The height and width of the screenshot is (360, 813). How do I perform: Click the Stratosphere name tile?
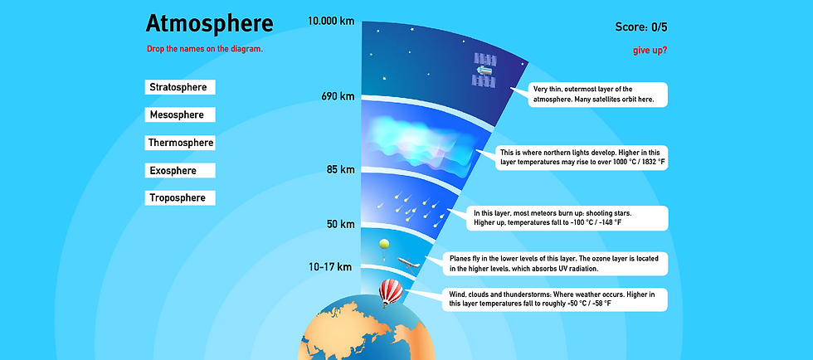[180, 87]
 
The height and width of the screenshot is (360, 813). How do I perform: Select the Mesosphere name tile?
[180, 114]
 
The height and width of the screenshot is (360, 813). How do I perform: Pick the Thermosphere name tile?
[180, 143]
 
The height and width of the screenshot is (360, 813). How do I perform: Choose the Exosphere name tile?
[180, 170]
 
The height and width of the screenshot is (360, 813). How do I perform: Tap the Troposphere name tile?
[180, 197]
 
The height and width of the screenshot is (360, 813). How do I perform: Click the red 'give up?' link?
[650, 51]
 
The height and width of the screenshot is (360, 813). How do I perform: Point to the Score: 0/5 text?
[640, 27]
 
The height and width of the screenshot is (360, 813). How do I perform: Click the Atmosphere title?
[209, 24]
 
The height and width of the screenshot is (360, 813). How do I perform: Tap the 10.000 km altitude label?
[331, 22]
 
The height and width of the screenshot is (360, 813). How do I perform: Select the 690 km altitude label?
[337, 96]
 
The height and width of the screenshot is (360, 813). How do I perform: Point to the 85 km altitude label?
[341, 169]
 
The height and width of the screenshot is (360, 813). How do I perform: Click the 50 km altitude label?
[341, 224]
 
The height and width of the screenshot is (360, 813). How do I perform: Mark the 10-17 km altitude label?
[330, 267]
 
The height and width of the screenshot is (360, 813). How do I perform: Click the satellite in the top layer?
[484, 70]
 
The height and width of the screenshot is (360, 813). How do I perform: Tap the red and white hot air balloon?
[391, 293]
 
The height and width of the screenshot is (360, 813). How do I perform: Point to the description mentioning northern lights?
[582, 158]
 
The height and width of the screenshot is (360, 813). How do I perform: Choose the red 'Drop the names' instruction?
[205, 49]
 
